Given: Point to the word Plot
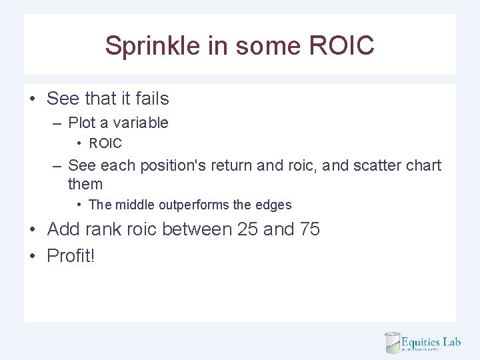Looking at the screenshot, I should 81,123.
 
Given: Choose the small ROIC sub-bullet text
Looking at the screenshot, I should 105,143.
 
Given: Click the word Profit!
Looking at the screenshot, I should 71,255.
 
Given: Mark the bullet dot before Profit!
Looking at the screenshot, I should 32,256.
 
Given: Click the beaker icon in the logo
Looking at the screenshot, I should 391,342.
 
